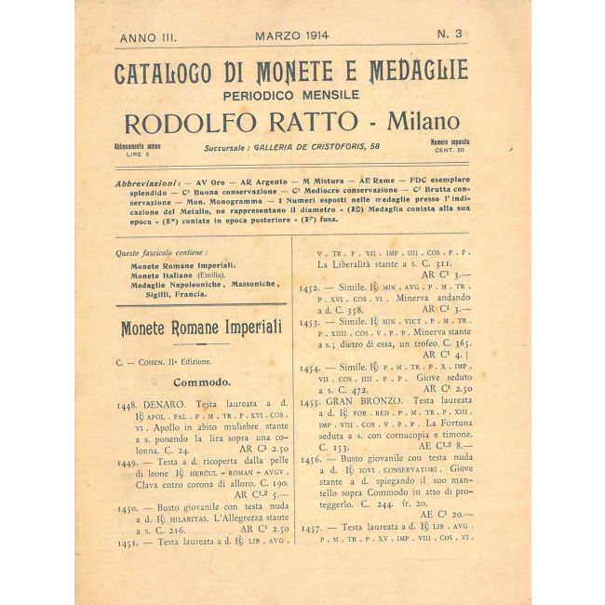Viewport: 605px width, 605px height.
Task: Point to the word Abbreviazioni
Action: tap(149, 185)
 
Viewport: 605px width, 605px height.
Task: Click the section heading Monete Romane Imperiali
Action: tap(201, 328)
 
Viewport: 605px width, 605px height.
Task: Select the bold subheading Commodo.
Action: tap(201, 381)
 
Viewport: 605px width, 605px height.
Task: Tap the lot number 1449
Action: tap(129, 463)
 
